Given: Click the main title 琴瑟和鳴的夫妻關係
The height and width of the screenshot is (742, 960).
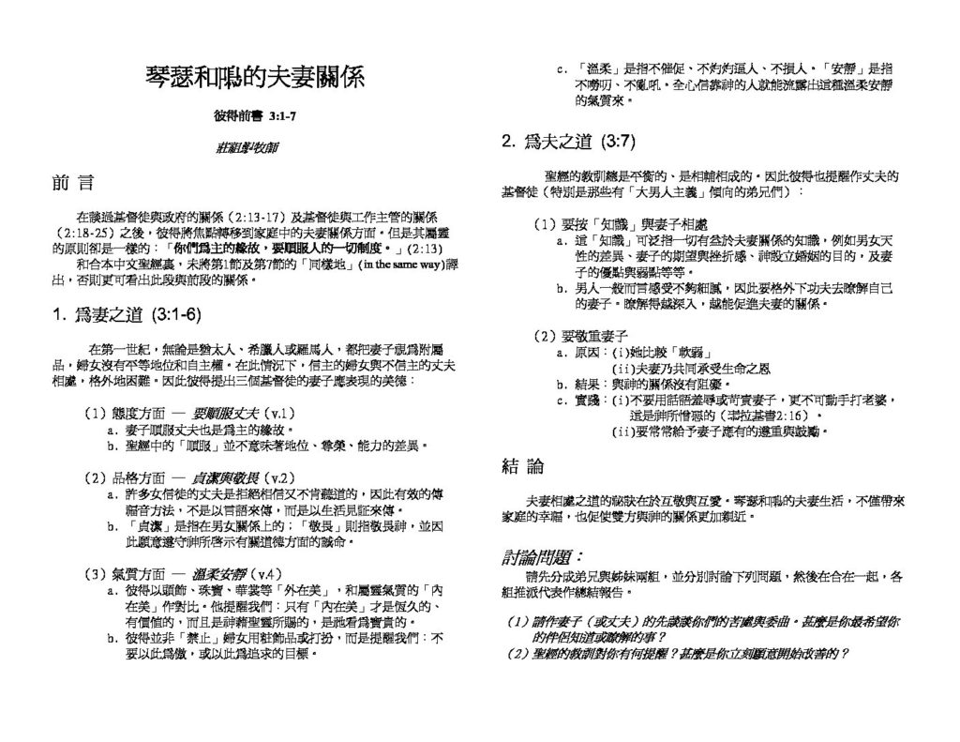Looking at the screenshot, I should (x=256, y=76).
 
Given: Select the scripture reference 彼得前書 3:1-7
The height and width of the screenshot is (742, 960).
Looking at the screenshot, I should (x=255, y=117).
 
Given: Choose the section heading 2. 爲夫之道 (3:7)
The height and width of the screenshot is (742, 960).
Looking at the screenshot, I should (x=568, y=142).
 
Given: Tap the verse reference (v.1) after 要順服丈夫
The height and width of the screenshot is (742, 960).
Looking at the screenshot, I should (x=280, y=413).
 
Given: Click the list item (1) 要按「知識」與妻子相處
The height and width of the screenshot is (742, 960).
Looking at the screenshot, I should (x=621, y=226).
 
